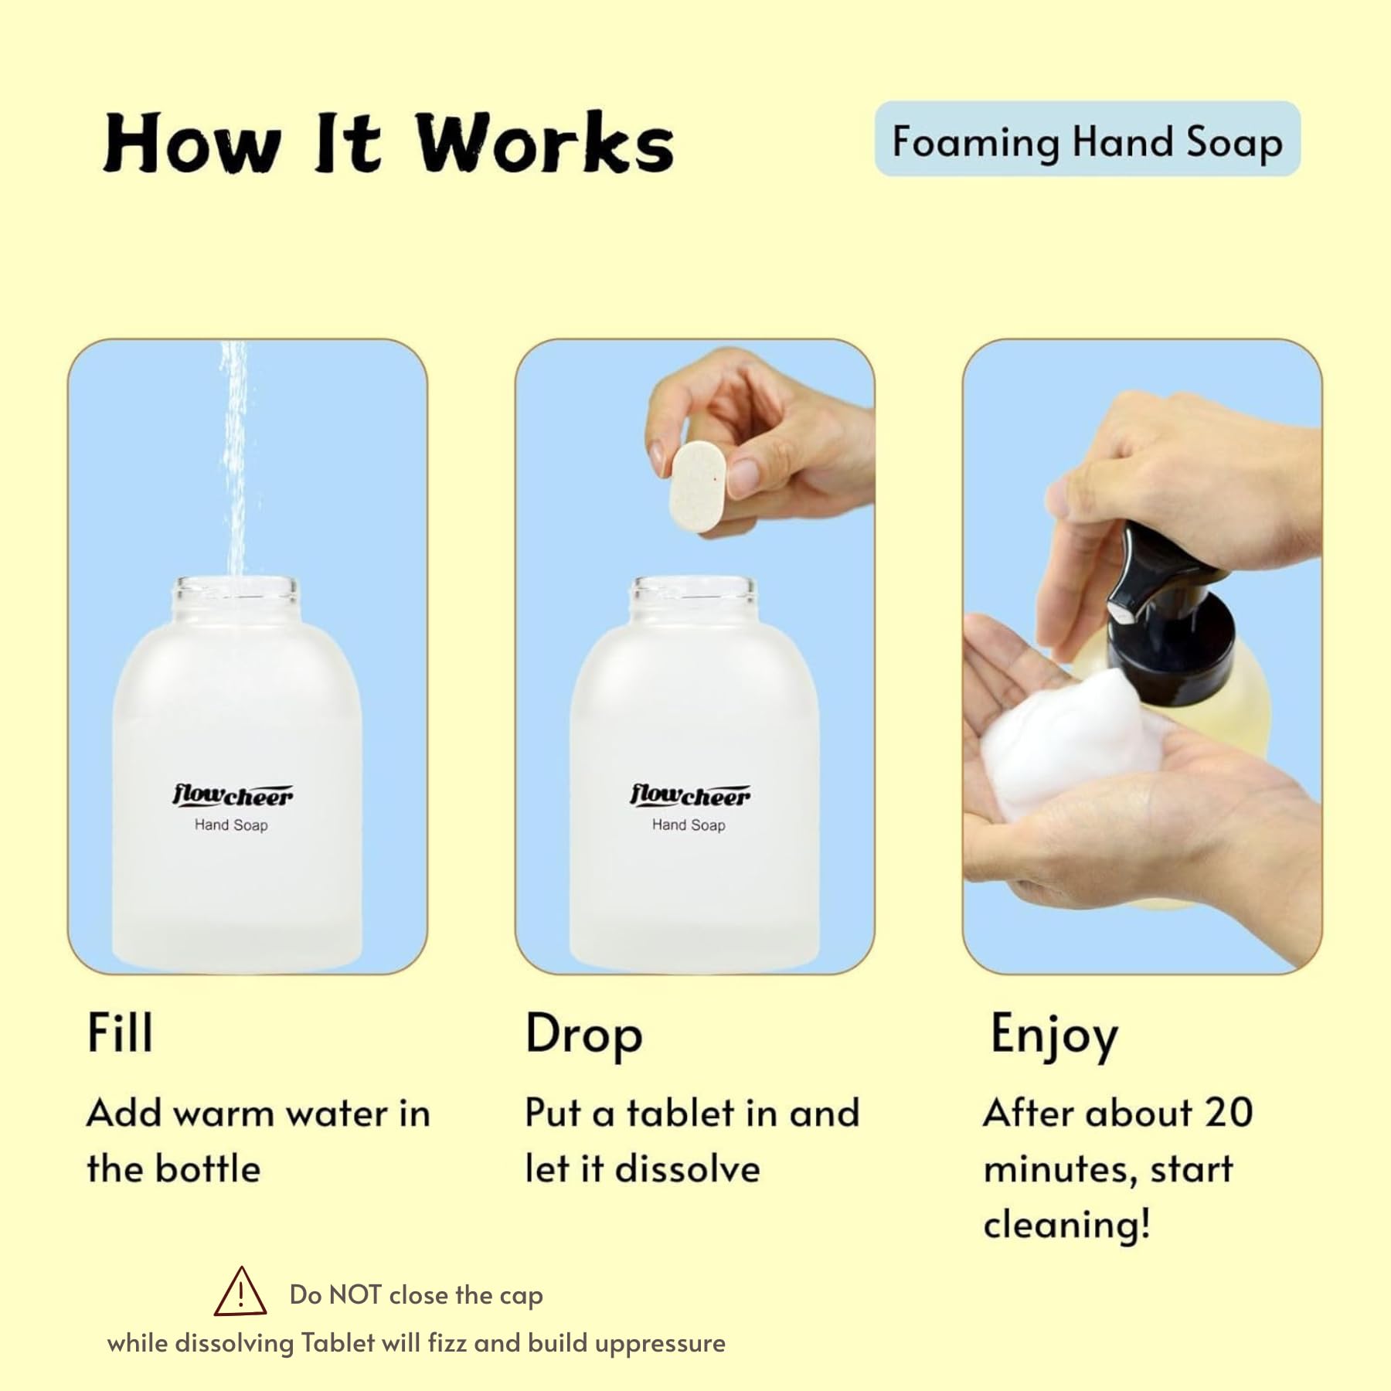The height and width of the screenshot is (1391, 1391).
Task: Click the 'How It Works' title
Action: pos(389,142)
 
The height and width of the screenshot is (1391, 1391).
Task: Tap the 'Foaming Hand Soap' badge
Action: pos(1087,139)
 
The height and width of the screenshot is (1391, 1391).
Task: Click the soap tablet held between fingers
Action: pos(698,490)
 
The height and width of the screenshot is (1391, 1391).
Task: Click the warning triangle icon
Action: pos(240,1292)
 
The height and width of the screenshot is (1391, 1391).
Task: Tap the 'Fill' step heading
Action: pos(120,1032)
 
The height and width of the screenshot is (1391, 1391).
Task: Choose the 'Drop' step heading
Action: pos(583,1035)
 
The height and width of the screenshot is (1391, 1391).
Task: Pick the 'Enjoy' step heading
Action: pos(1054,1036)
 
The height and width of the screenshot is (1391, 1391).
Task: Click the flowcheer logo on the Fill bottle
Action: pos(233,795)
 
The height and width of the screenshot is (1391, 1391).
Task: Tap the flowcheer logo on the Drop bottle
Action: pos(690,795)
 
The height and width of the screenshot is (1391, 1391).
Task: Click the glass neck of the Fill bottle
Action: pos(234,597)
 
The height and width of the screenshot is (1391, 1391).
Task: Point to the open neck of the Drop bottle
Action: pos(692,597)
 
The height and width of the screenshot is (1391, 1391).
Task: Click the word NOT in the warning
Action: pos(355,1294)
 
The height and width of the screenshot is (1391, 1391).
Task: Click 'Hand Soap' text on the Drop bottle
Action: pos(689,825)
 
